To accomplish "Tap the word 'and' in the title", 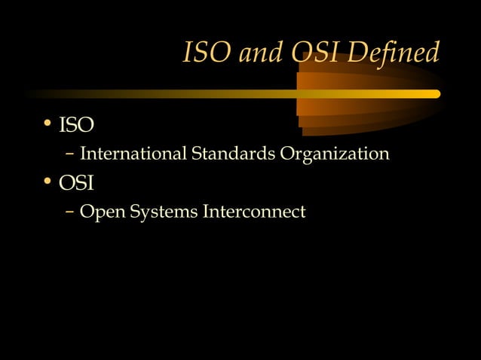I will pyautogui.click(x=254, y=53).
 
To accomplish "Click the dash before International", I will pyautogui.click(x=70, y=154).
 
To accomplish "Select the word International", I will pyautogui.click(x=133, y=154).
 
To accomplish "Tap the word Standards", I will pyautogui.click(x=233, y=154).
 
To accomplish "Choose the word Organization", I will pyautogui.click(x=335, y=154).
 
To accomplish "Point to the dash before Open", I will pyautogui.click(x=70, y=212).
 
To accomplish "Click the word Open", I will pyautogui.click(x=102, y=213).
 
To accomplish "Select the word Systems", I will pyautogui.click(x=163, y=213).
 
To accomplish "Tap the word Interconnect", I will pyautogui.click(x=253, y=212).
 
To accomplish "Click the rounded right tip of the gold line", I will pyautogui.click(x=436, y=94).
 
